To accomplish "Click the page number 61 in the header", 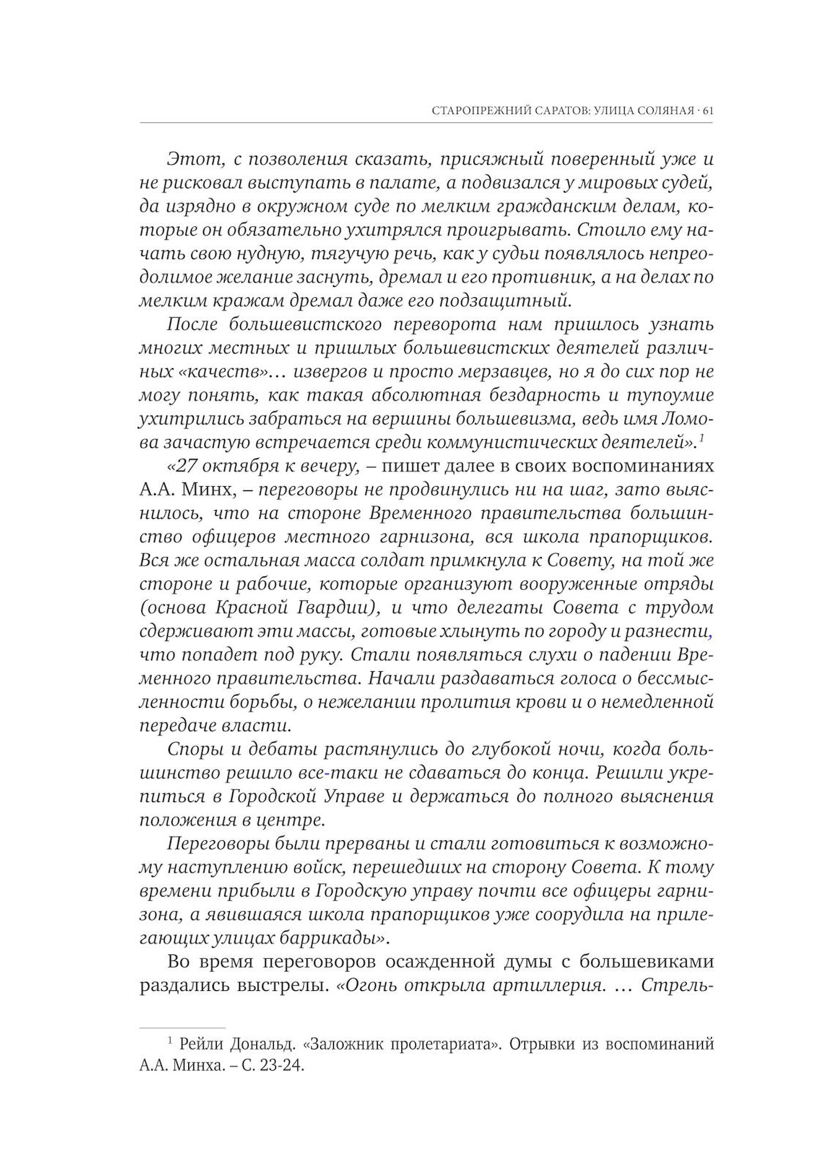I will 708,111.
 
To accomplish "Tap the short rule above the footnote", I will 182,1028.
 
